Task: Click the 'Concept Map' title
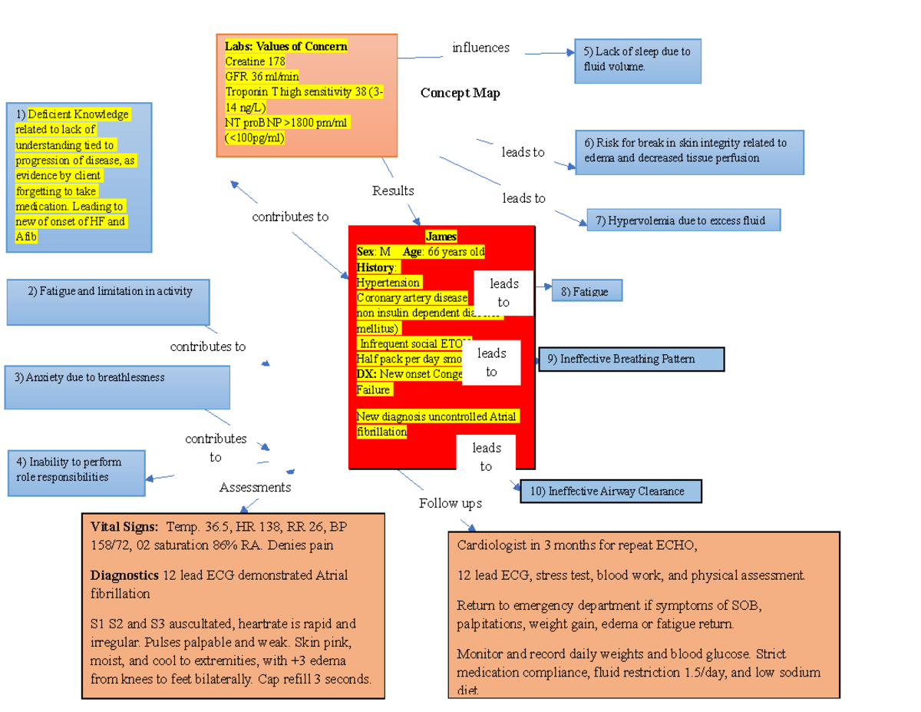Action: [x=460, y=94]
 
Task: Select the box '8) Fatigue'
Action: [x=586, y=291]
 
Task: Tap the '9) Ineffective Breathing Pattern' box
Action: [x=631, y=359]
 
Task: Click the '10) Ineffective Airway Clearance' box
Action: [x=612, y=492]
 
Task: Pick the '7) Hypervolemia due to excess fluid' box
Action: [x=685, y=221]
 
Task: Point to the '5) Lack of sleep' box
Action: [x=637, y=60]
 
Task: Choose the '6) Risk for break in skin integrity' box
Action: [x=688, y=151]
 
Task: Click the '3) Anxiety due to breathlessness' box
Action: [x=117, y=386]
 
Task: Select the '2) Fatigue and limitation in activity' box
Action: [x=108, y=301]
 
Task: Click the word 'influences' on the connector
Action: [x=480, y=48]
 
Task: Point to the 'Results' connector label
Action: [x=393, y=190]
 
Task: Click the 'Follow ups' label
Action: [x=450, y=504]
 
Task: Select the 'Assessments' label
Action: [x=255, y=488]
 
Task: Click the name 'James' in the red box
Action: [x=441, y=237]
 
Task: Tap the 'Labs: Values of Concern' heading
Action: [x=286, y=46]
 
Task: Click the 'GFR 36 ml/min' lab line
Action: [x=262, y=77]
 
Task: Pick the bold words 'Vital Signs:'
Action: [x=124, y=527]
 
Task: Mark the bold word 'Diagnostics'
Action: [x=124, y=575]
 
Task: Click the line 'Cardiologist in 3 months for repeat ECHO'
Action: [x=576, y=546]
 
